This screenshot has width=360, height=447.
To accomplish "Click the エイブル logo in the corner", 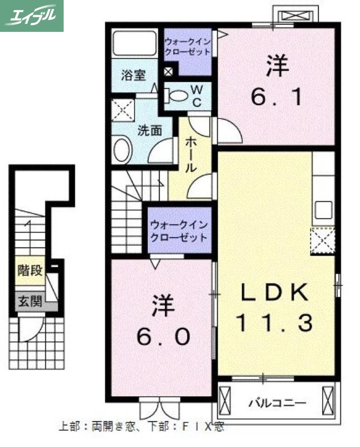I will tap(32, 15).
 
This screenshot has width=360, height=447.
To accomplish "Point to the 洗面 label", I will tap(150, 131).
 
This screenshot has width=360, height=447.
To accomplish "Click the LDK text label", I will tap(275, 292).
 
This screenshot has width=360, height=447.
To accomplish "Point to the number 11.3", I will tap(273, 322).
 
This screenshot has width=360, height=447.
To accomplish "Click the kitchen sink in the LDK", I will tap(324, 210).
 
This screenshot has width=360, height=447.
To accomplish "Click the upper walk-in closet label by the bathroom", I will tap(188, 46).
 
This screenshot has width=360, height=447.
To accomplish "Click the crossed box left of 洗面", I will tap(121, 110).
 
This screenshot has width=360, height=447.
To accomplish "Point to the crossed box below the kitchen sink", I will tap(322, 241).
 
